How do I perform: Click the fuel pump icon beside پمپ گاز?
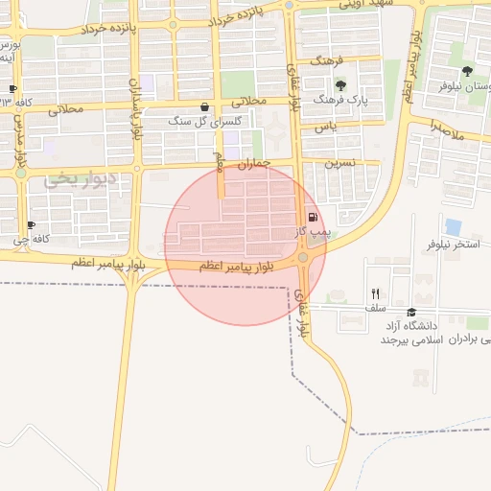tap(312, 218)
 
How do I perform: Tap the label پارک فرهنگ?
tap(345, 101)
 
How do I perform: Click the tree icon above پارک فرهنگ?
tap(340, 86)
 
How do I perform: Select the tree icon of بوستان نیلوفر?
tap(467, 71)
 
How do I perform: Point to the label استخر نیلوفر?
tap(453, 245)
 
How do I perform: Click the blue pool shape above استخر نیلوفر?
tap(453, 227)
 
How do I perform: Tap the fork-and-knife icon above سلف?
tap(375, 294)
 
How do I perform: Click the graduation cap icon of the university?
tap(411, 312)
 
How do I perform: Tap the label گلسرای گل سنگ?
tap(194, 122)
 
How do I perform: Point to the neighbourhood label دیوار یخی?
tap(80, 178)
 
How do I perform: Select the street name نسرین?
tap(339, 163)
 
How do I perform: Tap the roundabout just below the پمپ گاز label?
tap(303, 257)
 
